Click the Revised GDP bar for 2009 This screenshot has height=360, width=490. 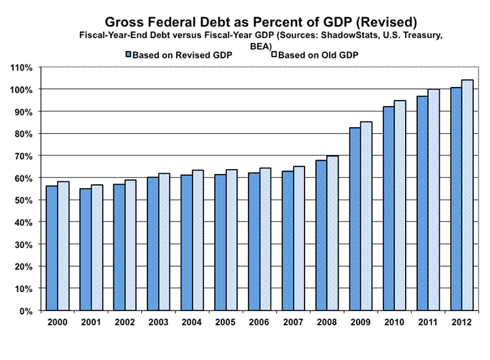pos(355,219)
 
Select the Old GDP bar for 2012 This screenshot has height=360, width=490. pos(468,195)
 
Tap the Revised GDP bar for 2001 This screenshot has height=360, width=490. pos(86,249)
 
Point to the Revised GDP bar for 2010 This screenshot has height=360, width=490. pos(388,208)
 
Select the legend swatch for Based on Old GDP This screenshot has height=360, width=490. pos(274,54)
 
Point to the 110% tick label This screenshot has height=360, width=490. pos(22,67)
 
